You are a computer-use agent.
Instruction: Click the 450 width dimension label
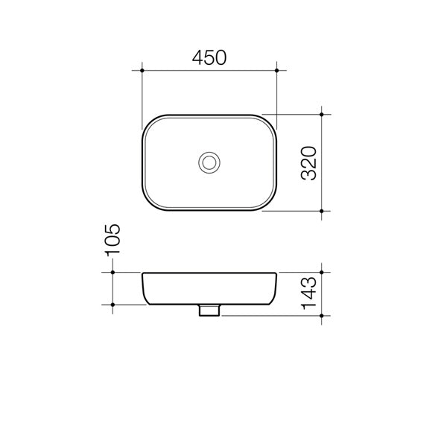[209, 57]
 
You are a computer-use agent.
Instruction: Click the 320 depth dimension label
[308, 163]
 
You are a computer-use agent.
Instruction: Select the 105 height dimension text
[112, 240]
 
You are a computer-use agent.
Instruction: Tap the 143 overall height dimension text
[308, 293]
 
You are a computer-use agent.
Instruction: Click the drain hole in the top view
[209, 162]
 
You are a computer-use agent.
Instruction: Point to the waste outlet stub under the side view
[209, 310]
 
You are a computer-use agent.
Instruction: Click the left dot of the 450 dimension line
[142, 70]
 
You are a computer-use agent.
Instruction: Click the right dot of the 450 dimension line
[277, 70]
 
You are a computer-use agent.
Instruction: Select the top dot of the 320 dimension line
[322, 114]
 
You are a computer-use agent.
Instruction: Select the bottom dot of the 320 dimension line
[322, 212]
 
